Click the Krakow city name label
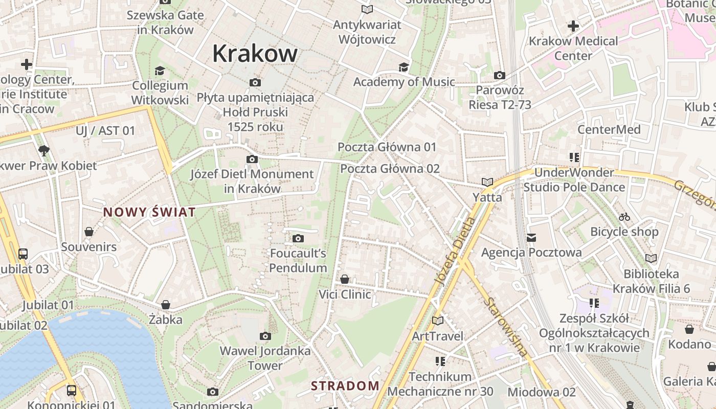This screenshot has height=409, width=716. [255, 53]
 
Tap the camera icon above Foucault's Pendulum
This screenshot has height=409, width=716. [298, 238]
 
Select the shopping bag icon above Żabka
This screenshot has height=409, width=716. [165, 305]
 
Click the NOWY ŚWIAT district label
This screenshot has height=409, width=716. [149, 212]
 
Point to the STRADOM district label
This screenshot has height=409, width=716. [345, 385]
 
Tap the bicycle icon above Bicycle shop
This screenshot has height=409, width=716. [624, 217]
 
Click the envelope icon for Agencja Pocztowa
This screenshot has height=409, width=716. [531, 237]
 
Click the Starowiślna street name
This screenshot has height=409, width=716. [506, 327]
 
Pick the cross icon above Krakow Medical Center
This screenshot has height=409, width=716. [573, 26]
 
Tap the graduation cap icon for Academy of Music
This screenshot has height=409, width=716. [404, 67]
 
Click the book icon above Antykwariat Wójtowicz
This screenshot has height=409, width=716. [367, 9]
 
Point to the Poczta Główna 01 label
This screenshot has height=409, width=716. [387, 147]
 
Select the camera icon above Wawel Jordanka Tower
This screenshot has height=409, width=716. [265, 336]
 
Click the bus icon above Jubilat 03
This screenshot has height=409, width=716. [23, 254]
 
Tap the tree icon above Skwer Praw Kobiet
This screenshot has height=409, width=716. [44, 150]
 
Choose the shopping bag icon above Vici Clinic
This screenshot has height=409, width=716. [345, 279]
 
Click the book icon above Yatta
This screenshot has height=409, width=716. [487, 182]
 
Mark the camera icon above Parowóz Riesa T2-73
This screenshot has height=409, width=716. [500, 76]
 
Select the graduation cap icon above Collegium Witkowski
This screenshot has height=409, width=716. [160, 71]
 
